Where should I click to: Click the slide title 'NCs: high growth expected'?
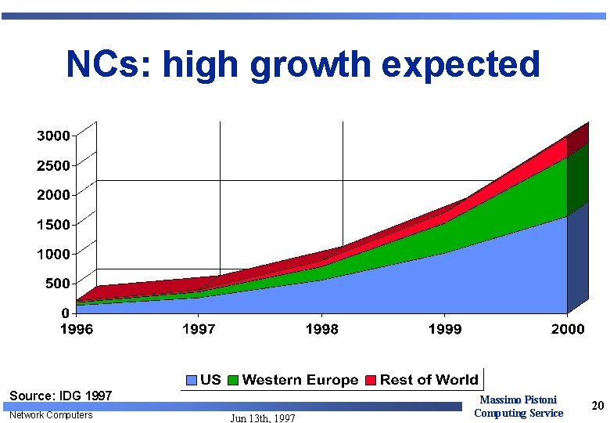pos(303,64)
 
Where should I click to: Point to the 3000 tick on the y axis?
pos(53,136)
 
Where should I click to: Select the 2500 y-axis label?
pos(53,165)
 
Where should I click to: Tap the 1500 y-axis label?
pos(53,224)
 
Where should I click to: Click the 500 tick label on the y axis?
pos(57,283)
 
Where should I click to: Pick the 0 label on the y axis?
pos(66,313)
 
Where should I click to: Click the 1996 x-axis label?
pos(77,329)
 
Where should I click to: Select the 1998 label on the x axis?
pos(322,329)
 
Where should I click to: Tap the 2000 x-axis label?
pos(568,329)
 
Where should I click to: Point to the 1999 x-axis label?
pos(445,329)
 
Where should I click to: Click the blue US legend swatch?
pos(192,381)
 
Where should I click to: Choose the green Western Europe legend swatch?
pos(233,381)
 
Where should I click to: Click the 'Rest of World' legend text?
pos(429,380)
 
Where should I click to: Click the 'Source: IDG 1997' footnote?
pos(61,396)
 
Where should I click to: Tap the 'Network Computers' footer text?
pos(51,414)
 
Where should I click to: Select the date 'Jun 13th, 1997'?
pos(263,418)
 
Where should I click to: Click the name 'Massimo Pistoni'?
pos(518,400)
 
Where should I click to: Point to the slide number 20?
pos(598,406)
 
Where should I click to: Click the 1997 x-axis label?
pos(199,329)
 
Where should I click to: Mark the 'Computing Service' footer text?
pos(518,413)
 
